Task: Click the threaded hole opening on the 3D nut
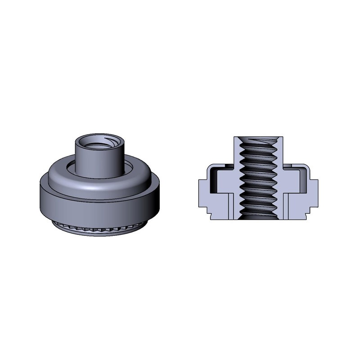(x=99, y=144)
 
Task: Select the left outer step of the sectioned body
(x=202, y=191)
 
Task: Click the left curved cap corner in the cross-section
(x=209, y=168)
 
